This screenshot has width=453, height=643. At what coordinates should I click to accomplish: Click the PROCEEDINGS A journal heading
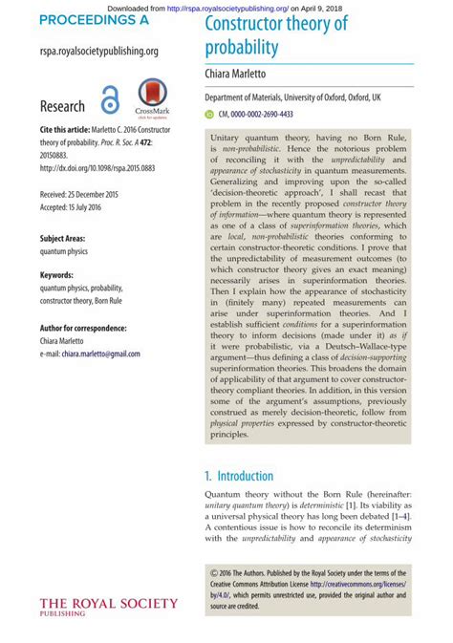(95, 19)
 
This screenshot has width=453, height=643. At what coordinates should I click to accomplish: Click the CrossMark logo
(154, 96)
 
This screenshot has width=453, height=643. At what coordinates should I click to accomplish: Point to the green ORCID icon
(210, 114)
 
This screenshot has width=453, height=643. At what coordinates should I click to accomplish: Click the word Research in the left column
(62, 106)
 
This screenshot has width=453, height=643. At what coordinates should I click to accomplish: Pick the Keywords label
(57, 275)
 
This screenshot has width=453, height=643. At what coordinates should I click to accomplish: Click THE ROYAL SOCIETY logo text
(108, 603)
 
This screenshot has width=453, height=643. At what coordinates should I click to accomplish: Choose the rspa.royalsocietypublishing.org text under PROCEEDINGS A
(99, 51)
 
